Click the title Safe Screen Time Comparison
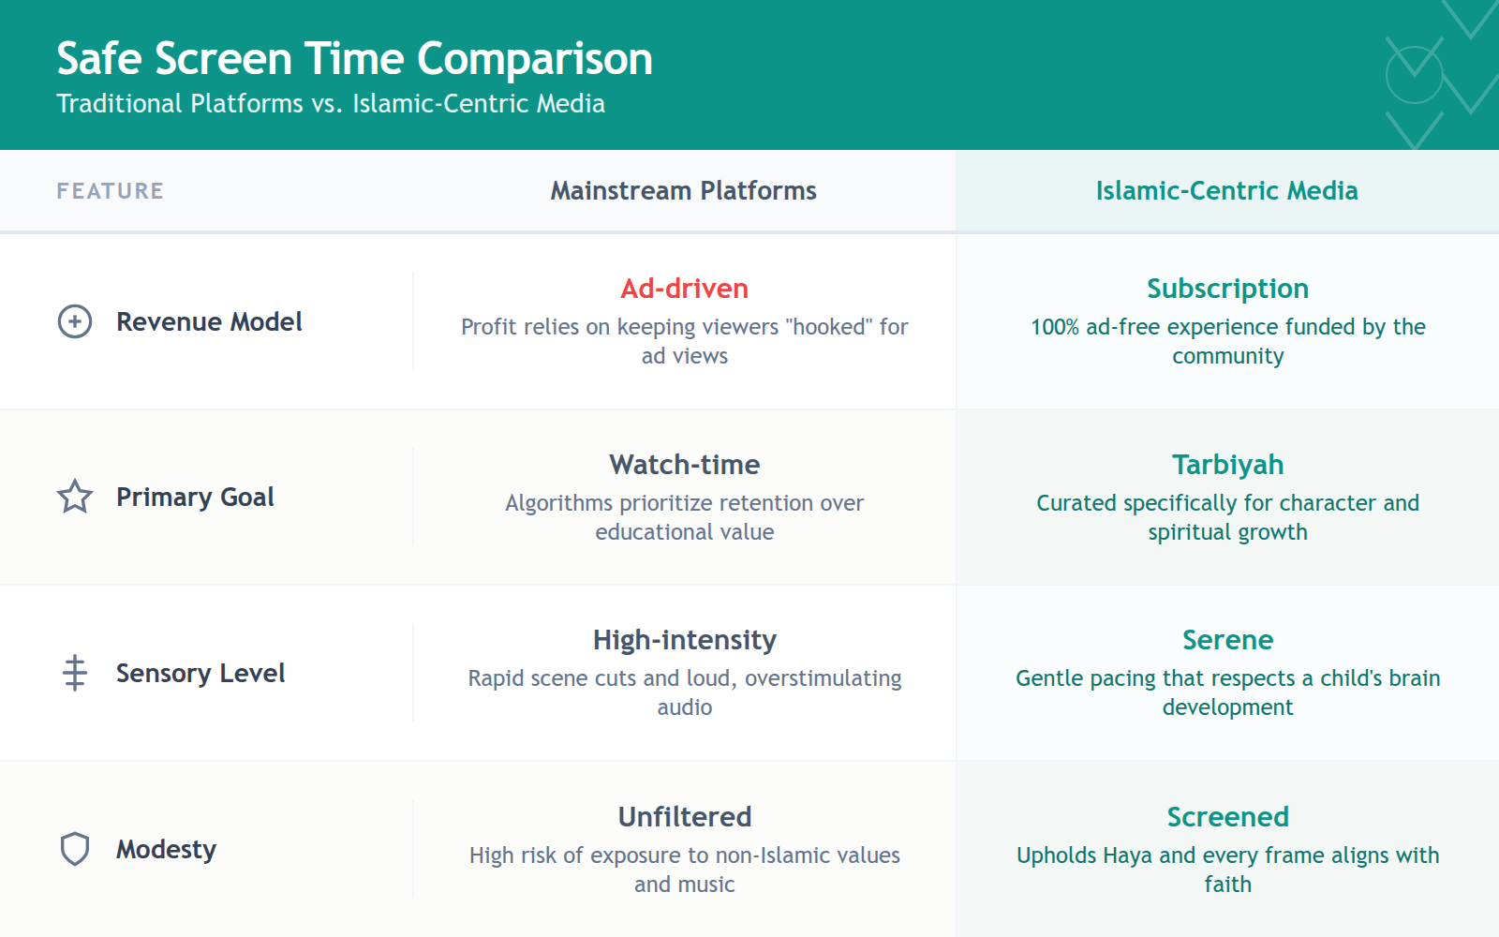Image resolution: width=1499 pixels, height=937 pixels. (x=354, y=58)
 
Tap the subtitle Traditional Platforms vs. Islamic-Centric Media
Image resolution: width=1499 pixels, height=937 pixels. (x=331, y=103)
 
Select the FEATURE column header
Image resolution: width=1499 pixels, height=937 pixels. (x=110, y=191)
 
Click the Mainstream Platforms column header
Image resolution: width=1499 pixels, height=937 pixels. (x=683, y=191)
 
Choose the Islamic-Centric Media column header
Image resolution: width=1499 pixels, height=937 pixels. (x=1226, y=191)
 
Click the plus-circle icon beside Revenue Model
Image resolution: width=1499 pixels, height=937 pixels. (x=75, y=321)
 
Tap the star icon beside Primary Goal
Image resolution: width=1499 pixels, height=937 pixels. (x=75, y=497)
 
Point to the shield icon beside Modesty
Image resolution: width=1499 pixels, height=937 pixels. (x=75, y=849)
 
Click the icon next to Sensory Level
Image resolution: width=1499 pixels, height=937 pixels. (x=75, y=673)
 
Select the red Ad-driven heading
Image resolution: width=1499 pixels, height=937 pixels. (x=684, y=289)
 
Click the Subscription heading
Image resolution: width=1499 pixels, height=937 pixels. (x=1227, y=289)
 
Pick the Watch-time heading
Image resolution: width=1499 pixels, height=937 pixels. (x=684, y=465)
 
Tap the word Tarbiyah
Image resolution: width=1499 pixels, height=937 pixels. (x=1227, y=465)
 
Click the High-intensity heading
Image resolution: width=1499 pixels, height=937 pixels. (x=684, y=640)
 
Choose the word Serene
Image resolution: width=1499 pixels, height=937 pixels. (x=1227, y=640)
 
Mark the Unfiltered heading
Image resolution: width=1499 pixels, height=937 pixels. (x=684, y=817)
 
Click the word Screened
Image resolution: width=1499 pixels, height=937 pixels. (x=1227, y=817)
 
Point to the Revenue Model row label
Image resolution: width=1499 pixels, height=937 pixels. (x=209, y=321)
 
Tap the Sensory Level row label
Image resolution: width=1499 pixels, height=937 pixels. (x=200, y=673)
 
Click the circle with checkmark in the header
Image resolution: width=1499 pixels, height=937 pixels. (x=1414, y=73)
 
